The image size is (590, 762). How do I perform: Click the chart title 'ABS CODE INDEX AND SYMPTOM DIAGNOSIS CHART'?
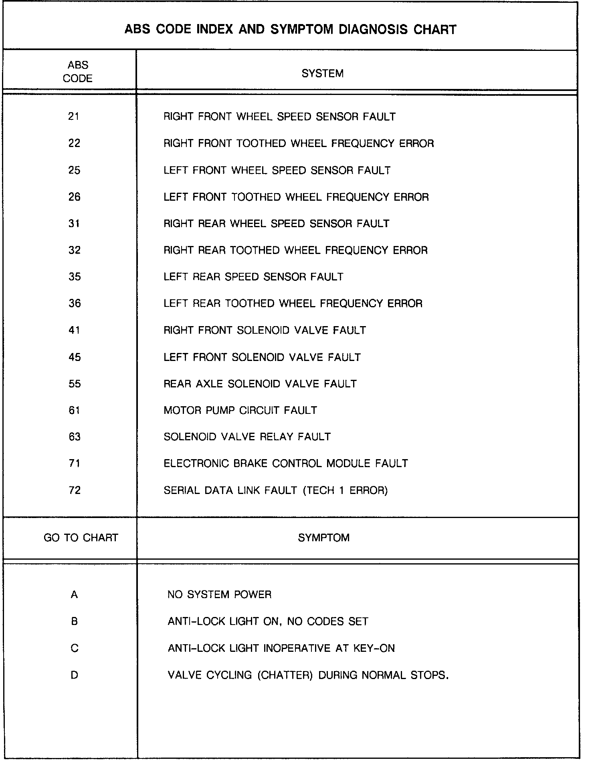(x=290, y=30)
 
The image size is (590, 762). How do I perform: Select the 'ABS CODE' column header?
(x=78, y=72)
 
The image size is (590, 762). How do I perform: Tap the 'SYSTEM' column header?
(x=322, y=74)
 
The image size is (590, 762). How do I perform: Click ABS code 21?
(x=74, y=117)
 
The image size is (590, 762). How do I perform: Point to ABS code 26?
(x=74, y=197)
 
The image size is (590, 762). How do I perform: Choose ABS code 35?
(x=75, y=277)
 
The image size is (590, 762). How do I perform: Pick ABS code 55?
(x=75, y=384)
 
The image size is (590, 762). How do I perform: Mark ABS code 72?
(x=75, y=490)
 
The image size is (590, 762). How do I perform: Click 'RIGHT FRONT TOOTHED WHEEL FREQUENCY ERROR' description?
(x=299, y=143)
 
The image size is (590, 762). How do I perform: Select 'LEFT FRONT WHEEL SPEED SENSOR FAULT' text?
(x=277, y=170)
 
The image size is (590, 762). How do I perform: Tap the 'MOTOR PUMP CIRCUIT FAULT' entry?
(x=240, y=410)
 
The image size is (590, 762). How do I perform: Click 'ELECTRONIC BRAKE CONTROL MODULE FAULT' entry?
(x=286, y=464)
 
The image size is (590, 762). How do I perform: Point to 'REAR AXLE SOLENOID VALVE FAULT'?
(x=260, y=384)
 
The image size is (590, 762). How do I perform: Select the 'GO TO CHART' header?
(x=81, y=538)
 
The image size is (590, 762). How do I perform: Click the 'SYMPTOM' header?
(x=323, y=538)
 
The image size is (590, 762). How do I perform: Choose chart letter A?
(x=74, y=595)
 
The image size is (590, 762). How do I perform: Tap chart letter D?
(x=74, y=675)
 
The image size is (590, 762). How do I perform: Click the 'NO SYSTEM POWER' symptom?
(x=219, y=595)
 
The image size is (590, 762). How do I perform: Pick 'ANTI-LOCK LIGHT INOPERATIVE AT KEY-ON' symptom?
(x=281, y=648)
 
